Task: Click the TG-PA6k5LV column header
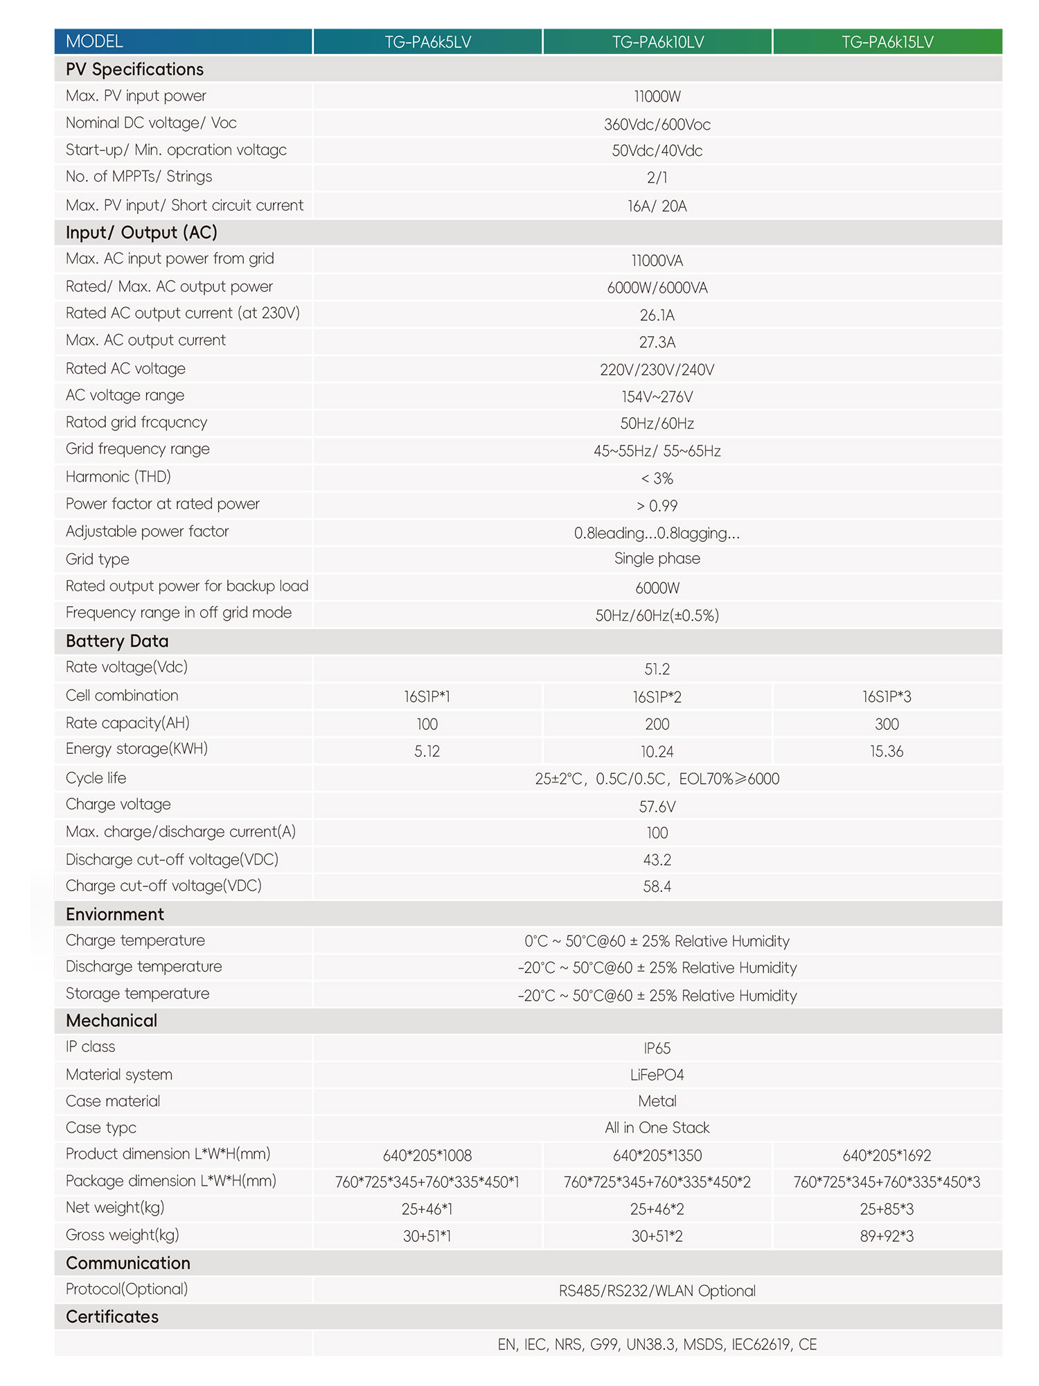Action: pos(427,42)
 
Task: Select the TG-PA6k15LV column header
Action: pos(887,42)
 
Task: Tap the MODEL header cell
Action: pos(95,42)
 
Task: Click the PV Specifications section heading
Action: pos(134,69)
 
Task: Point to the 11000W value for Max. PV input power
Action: pos(657,97)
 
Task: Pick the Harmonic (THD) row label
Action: pos(118,477)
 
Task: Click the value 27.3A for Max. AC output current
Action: pos(657,342)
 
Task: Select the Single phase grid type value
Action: pos(657,559)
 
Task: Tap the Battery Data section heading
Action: pos(117,641)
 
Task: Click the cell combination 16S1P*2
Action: pos(657,697)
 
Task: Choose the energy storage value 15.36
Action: pos(887,751)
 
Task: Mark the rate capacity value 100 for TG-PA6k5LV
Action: pos(427,724)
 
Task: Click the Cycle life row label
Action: pos(96,778)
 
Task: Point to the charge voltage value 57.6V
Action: pos(657,807)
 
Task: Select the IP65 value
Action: pos(657,1049)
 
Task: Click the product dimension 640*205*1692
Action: pos(887,1155)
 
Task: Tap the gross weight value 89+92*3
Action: pos(887,1236)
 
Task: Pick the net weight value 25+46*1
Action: pos(427,1209)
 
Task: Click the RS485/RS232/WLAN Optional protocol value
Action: pos(657,1291)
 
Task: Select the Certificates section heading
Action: pos(112,1317)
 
